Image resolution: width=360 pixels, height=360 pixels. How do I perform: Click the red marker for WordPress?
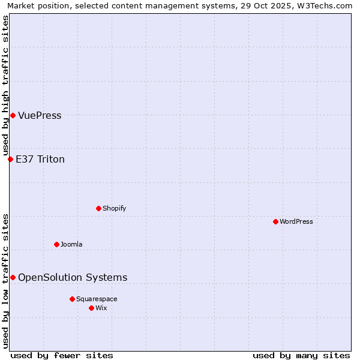(x=275, y=221)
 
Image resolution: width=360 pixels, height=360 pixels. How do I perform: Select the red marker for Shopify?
(x=98, y=208)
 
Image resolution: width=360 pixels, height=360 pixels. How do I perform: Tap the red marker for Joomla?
(x=56, y=244)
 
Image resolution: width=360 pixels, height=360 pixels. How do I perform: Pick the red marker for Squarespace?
(x=72, y=299)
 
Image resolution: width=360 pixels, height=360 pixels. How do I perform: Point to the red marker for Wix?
(x=91, y=308)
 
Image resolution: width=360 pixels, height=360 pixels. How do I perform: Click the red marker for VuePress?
(x=13, y=115)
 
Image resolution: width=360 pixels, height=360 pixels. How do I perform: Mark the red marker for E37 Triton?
(x=10, y=159)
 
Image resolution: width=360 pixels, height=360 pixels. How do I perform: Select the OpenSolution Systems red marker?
(x=13, y=277)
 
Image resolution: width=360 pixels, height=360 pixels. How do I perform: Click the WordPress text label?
(x=296, y=221)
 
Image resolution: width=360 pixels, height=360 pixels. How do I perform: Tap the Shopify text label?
(x=115, y=208)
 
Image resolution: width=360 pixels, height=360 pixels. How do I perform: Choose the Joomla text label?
(x=71, y=244)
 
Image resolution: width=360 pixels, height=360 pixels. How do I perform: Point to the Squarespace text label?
(x=97, y=299)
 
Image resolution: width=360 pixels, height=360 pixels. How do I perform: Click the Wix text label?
(x=101, y=308)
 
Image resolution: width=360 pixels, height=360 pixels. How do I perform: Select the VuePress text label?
(x=40, y=115)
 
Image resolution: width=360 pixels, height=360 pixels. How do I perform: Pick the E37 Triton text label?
(x=40, y=159)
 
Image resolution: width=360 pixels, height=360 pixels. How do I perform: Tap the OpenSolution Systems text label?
(x=73, y=277)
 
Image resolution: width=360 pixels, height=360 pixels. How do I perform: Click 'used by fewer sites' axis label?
(x=62, y=355)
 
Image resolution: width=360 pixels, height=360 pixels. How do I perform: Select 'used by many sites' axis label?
(x=301, y=355)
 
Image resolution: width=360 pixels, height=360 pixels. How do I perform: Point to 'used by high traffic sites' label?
(x=5, y=86)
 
